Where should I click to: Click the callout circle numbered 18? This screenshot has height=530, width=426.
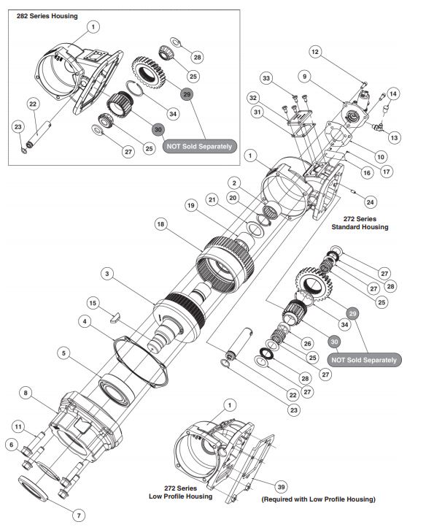(159, 226)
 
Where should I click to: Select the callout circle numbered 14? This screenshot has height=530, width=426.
(393, 93)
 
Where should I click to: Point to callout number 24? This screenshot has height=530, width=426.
(372, 202)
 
